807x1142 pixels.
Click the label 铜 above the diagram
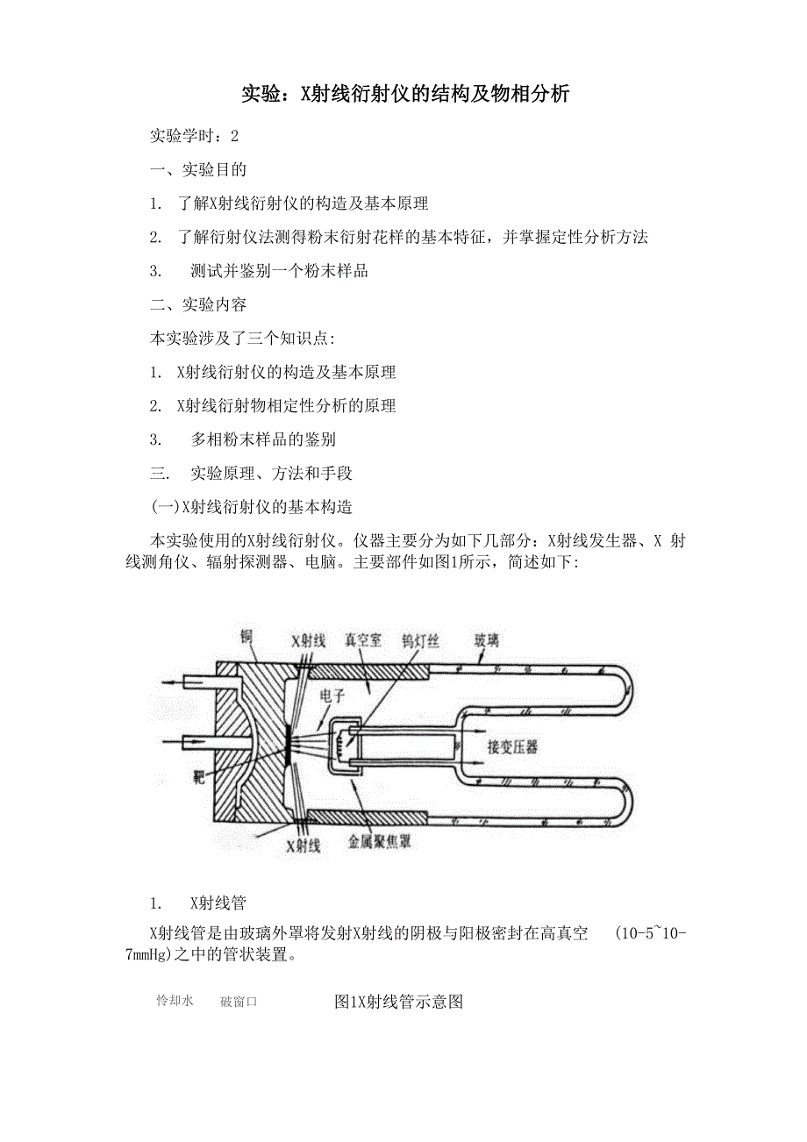(x=246, y=637)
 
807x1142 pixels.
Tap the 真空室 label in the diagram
(x=363, y=639)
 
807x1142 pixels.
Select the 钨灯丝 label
(x=420, y=640)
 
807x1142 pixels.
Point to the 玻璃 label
(x=487, y=639)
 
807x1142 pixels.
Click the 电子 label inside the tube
(x=332, y=696)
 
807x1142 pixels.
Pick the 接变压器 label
(x=512, y=747)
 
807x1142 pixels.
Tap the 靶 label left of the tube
(x=199, y=777)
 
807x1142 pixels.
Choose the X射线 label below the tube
(x=304, y=846)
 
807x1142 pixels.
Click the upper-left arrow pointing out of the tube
(x=177, y=682)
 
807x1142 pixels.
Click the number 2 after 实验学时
(x=234, y=136)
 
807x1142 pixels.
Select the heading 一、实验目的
(x=198, y=170)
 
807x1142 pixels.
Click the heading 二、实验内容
(x=198, y=305)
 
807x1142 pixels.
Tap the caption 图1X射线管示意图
(x=398, y=1002)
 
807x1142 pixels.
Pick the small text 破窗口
(x=239, y=1002)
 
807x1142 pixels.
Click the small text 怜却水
(x=175, y=1000)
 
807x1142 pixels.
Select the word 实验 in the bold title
(x=261, y=95)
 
